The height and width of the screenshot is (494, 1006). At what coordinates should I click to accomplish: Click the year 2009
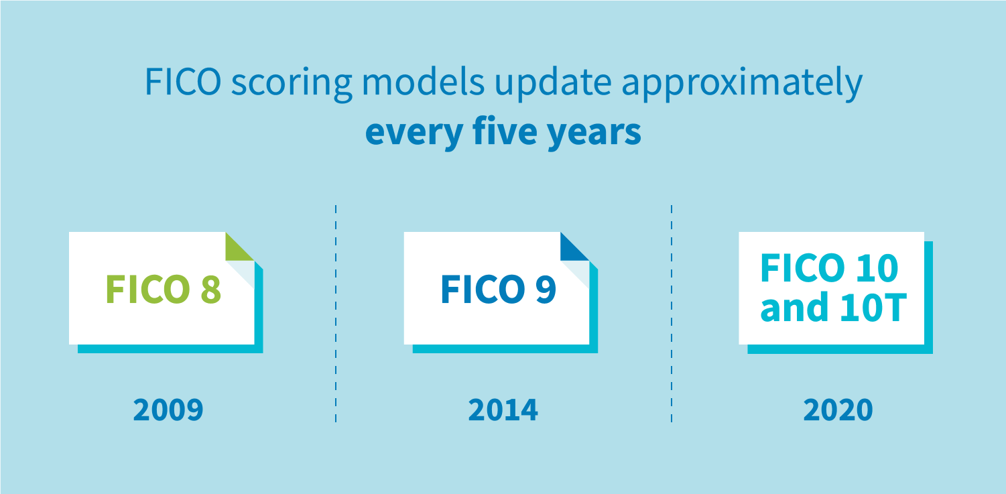[x=168, y=410]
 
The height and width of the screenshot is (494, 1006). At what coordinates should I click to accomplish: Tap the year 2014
[x=503, y=410]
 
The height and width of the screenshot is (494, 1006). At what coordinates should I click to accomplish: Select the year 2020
[x=838, y=410]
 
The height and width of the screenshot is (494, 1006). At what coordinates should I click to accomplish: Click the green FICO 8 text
[x=164, y=289]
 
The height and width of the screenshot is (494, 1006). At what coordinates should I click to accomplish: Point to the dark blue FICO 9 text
[x=499, y=289]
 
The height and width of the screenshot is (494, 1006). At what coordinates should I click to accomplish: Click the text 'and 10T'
[x=834, y=307]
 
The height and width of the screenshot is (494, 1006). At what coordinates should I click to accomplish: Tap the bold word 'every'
[x=414, y=134]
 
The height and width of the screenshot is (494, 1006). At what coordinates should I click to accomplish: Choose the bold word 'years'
[x=594, y=134]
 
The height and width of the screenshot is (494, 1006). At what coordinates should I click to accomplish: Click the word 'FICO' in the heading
[x=183, y=82]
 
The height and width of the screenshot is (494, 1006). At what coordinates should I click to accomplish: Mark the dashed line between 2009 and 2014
[x=336, y=314]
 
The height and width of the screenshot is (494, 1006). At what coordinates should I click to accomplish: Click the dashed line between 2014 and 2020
[x=672, y=314]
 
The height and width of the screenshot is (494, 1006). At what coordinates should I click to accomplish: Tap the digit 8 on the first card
[x=210, y=289]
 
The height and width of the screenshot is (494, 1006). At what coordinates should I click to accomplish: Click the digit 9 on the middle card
[x=546, y=289]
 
